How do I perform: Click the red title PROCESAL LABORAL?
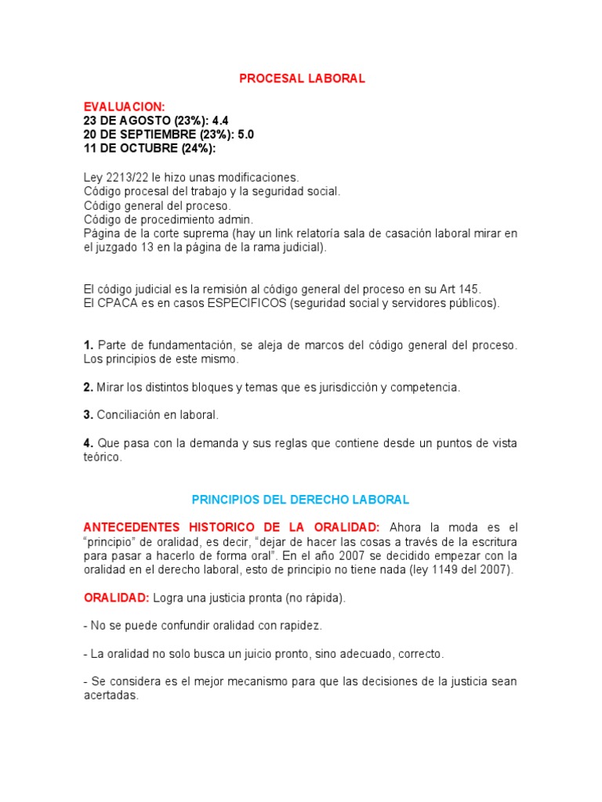[302, 78]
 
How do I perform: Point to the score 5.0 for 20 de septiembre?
[244, 135]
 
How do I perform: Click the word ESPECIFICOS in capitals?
[246, 303]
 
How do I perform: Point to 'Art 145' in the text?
[462, 289]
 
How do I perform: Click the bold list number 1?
[89, 345]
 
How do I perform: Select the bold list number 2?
[89, 388]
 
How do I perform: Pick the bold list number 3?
[89, 415]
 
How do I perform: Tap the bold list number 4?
[89, 443]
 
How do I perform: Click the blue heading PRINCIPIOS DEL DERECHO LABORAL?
[301, 500]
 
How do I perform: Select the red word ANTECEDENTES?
[136, 528]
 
